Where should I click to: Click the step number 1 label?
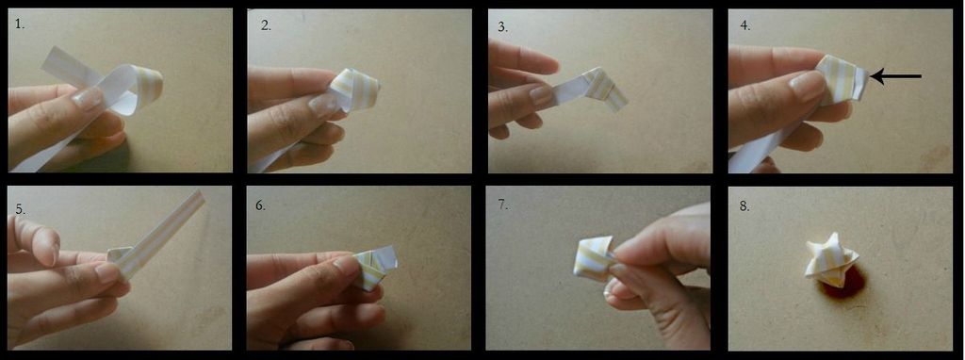[x=19, y=25]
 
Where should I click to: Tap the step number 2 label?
[x=266, y=25]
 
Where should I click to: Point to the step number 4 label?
[x=745, y=25]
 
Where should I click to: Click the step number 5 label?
[x=21, y=209]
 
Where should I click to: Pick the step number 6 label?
[x=261, y=205]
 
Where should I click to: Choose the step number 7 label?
[x=503, y=205]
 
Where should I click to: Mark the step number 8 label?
[x=744, y=206]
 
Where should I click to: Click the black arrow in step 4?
[x=896, y=76]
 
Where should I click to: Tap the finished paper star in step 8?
[x=831, y=260]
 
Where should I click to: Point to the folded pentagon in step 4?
[x=843, y=80]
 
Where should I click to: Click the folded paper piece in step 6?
[x=374, y=267]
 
